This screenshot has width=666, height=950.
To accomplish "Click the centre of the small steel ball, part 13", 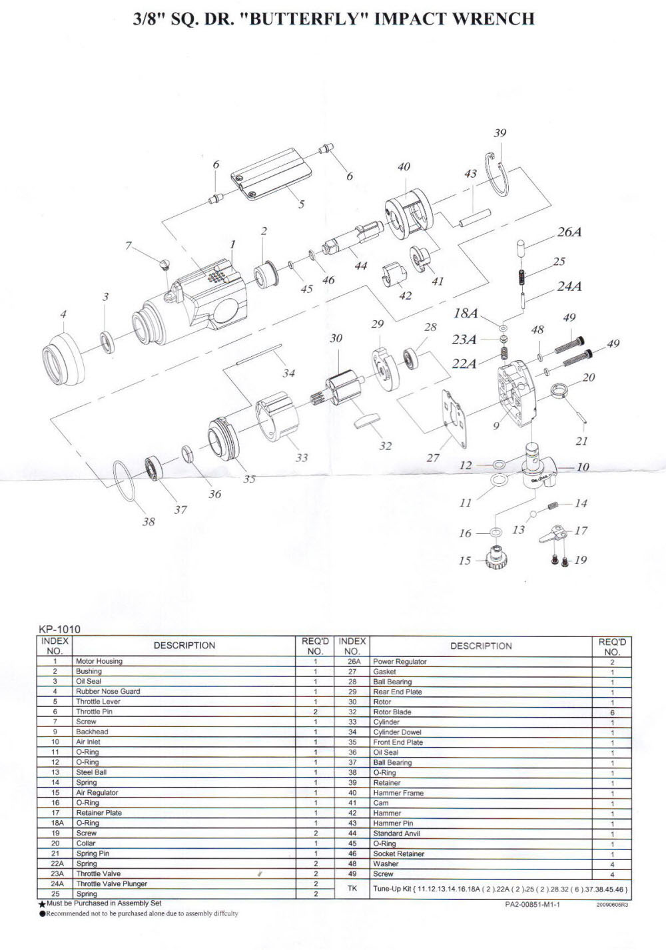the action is [533, 515].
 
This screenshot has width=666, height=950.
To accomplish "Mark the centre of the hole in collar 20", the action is [559, 389].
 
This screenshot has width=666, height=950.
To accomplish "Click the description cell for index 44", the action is [481, 833].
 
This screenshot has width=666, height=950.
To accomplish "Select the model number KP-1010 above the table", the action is [59, 629].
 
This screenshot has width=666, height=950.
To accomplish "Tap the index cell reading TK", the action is [352, 889].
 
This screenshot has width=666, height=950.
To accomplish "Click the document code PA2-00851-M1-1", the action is [532, 905].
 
